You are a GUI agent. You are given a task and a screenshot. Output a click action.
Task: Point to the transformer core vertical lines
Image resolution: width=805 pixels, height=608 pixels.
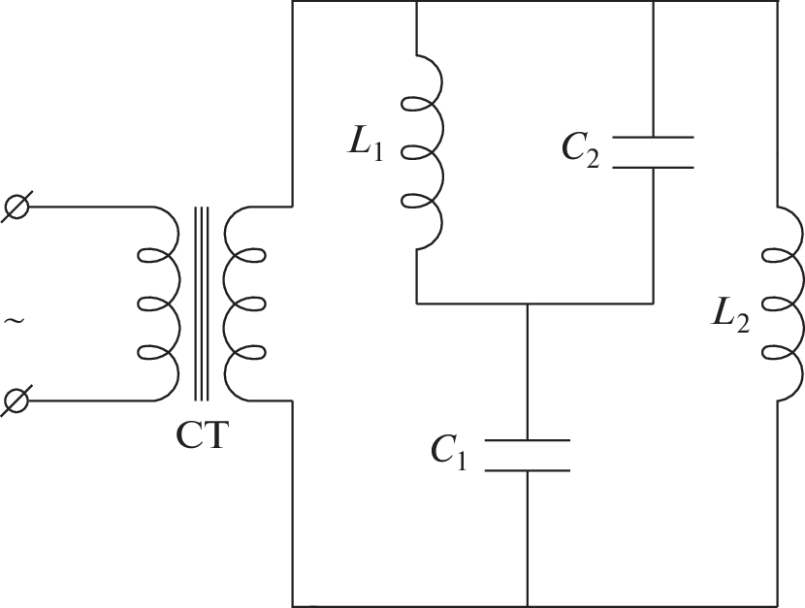202,303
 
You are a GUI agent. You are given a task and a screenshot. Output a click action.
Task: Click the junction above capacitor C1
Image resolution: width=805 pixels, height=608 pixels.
527,303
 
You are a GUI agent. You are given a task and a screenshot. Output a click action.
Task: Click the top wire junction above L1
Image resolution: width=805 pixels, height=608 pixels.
415,3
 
